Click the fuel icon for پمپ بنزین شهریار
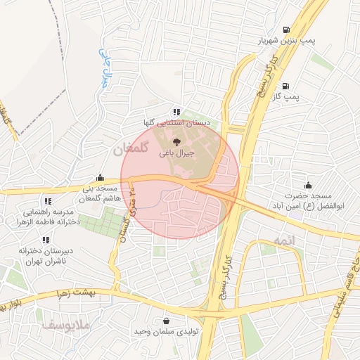pos(285,30)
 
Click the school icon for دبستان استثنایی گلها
pos(176,112)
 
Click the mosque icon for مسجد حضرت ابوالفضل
pos(308,186)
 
